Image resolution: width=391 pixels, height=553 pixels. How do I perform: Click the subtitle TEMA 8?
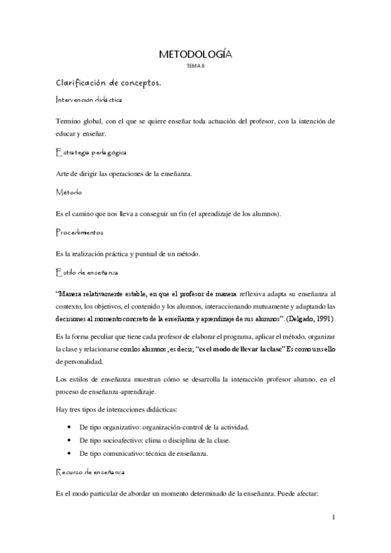pyautogui.click(x=195, y=67)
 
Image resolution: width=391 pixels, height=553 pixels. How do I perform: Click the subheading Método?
pyautogui.click(x=69, y=192)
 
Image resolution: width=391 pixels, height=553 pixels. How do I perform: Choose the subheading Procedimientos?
pyautogui.click(x=82, y=232)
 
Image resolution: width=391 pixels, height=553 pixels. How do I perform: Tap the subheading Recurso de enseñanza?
pyautogui.click(x=89, y=470)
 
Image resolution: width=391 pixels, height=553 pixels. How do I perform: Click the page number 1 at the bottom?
pyautogui.click(x=333, y=518)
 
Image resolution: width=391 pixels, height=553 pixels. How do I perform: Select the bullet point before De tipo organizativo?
pyautogui.click(x=69, y=427)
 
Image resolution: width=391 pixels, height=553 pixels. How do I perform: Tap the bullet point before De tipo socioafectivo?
pyautogui.click(x=69, y=441)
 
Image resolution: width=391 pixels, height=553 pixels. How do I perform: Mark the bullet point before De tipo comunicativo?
pyautogui.click(x=69, y=455)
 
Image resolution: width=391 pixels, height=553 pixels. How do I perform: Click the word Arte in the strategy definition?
pyautogui.click(x=64, y=173)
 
